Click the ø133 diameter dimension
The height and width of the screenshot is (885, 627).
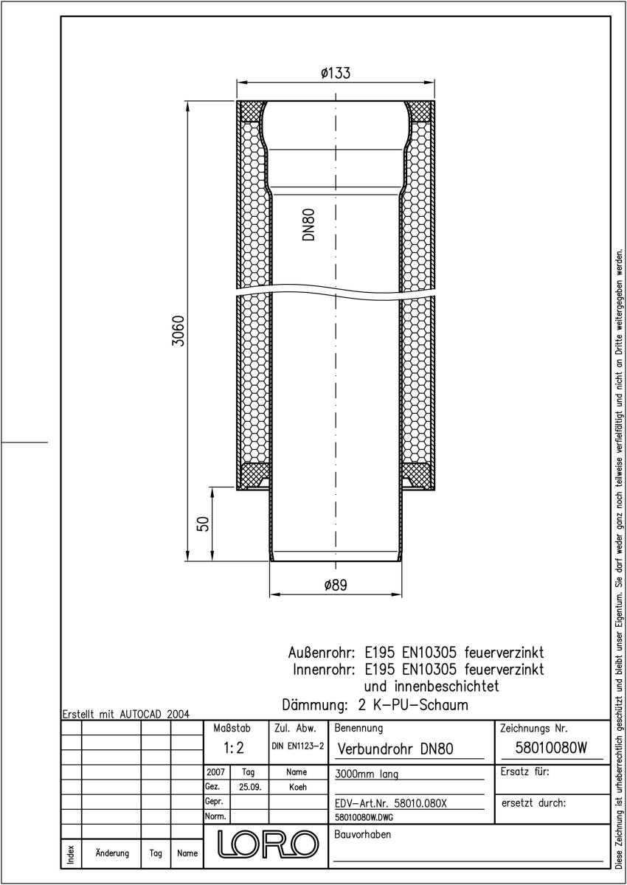(x=336, y=73)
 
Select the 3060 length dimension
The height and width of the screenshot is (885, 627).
(x=179, y=330)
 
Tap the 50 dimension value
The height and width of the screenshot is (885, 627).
(x=203, y=524)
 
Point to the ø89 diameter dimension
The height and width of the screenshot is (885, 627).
(x=336, y=585)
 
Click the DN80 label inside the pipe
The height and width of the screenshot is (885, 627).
(x=308, y=224)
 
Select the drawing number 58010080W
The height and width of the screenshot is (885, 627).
(x=551, y=748)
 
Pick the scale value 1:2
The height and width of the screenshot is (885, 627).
(x=234, y=748)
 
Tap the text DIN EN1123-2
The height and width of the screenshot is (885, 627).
(x=297, y=746)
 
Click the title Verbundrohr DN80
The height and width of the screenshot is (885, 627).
(x=395, y=749)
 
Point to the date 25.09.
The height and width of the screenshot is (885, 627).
(x=250, y=787)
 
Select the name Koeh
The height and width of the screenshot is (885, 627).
(x=297, y=787)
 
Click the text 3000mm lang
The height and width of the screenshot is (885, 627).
(x=367, y=774)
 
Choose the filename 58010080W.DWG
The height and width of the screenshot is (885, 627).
(x=364, y=817)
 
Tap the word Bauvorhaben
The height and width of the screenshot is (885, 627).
(x=362, y=834)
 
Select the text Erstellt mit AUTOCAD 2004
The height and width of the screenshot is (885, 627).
(x=126, y=714)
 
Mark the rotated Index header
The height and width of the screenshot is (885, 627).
(x=71, y=854)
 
